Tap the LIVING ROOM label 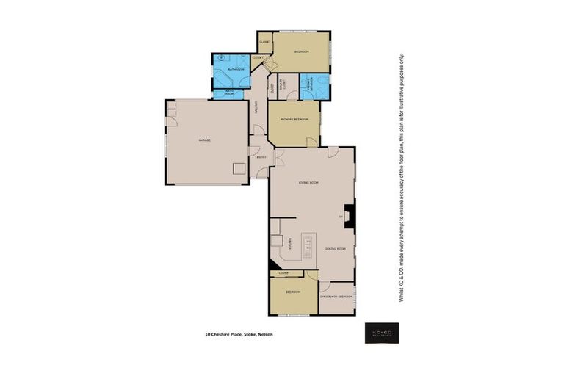point(308,182)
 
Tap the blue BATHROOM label point(234,69)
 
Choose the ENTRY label point(261,156)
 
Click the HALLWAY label point(256,107)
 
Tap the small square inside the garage point(239,168)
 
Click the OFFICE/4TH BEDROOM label point(336,297)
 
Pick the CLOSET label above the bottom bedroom point(284,273)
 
